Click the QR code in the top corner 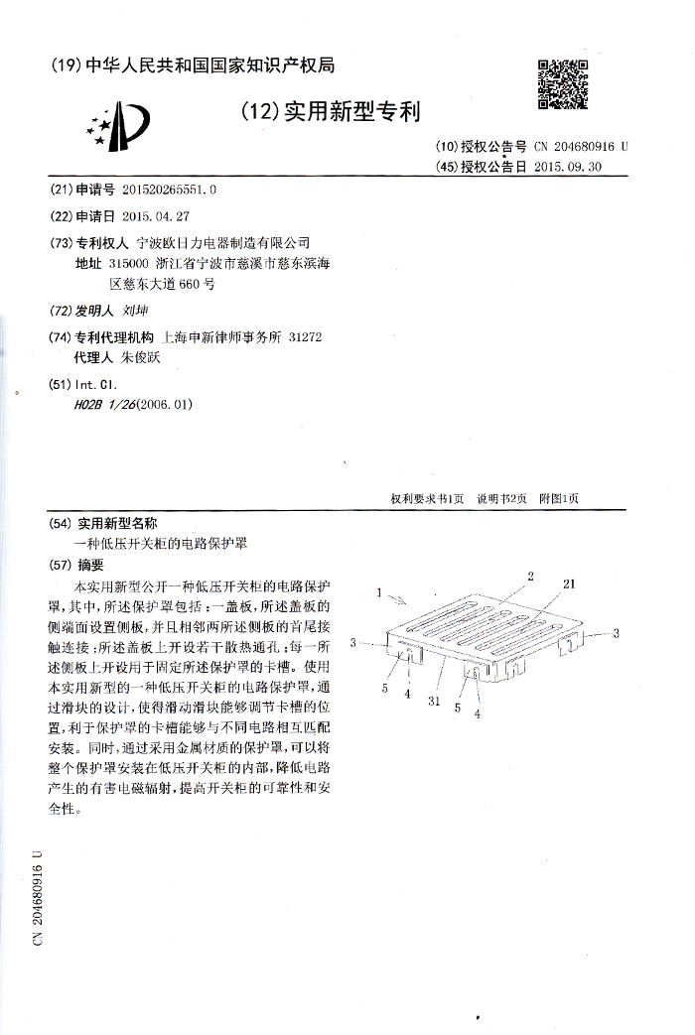(563, 83)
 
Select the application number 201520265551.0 (168, 189)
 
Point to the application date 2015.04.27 (155, 215)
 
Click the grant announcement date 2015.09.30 (567, 167)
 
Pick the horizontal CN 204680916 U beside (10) (581, 146)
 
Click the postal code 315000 (128, 264)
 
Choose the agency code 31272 (304, 337)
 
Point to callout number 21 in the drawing (569, 584)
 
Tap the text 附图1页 (558, 499)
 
